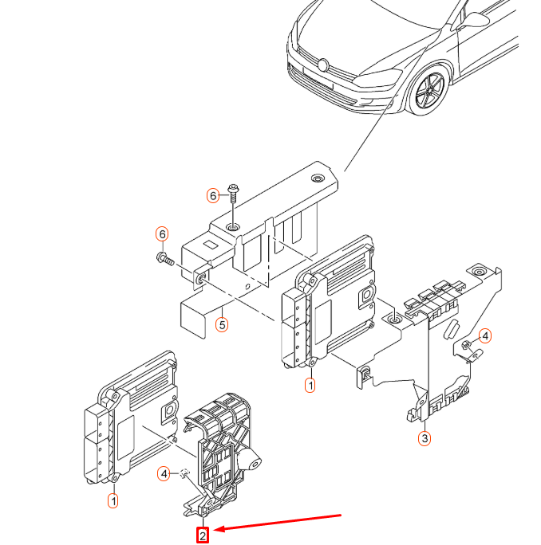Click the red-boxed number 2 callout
(203, 535)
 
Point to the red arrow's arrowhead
(219, 529)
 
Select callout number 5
(222, 325)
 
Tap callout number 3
(425, 438)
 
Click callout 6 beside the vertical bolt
(213, 196)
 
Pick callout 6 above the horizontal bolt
(162, 234)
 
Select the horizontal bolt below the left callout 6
(165, 259)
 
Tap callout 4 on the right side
(485, 335)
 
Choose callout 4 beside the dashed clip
(164, 474)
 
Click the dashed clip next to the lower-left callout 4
(184, 473)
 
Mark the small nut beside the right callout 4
(466, 345)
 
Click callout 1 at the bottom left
(113, 501)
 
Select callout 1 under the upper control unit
(310, 385)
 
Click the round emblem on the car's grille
(323, 65)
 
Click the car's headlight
(377, 78)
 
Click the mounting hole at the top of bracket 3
(479, 272)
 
